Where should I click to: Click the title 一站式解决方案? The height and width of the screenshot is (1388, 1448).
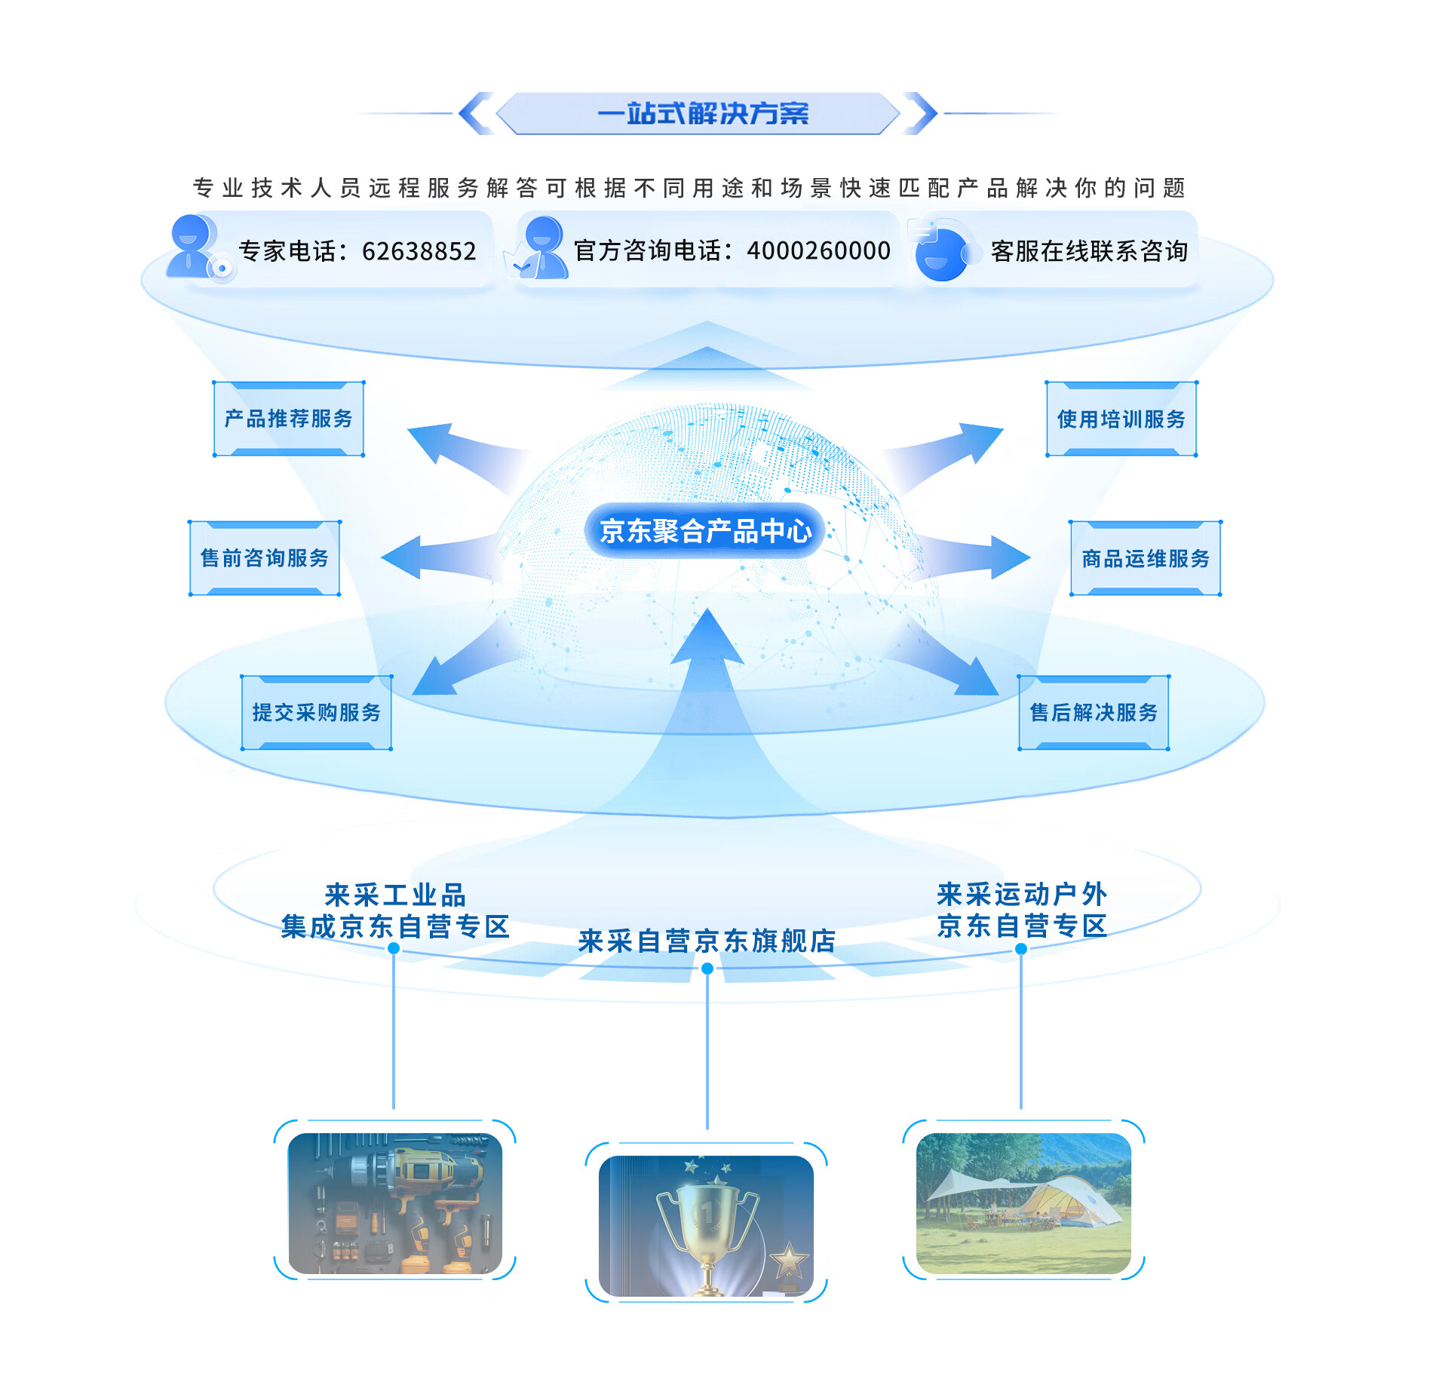point(702,114)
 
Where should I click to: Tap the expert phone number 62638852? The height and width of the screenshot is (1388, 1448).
point(419,251)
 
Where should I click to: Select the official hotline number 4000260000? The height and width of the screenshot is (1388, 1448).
point(818,250)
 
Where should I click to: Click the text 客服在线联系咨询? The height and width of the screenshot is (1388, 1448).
point(1088,251)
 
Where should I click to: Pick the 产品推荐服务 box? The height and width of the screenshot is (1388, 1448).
point(289,419)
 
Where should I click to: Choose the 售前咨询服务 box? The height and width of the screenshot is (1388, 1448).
point(265,558)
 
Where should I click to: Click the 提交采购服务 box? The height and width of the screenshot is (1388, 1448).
point(316,713)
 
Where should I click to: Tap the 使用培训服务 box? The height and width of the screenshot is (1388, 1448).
point(1121,419)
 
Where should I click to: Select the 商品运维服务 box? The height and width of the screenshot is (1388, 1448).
point(1145,559)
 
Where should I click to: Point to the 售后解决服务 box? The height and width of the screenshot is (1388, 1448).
point(1094,713)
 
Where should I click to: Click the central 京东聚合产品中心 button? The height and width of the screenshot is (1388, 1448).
point(705,531)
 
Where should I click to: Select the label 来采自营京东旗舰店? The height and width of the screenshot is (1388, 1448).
point(707,941)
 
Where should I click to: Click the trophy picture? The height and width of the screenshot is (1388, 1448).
point(707,1225)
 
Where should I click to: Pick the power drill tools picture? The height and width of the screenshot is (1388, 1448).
point(395,1202)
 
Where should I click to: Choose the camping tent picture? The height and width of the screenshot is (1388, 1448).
point(1023,1202)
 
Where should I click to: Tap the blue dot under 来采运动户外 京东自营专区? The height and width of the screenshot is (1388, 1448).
point(1021,949)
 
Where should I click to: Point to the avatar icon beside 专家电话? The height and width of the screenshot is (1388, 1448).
point(193,247)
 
